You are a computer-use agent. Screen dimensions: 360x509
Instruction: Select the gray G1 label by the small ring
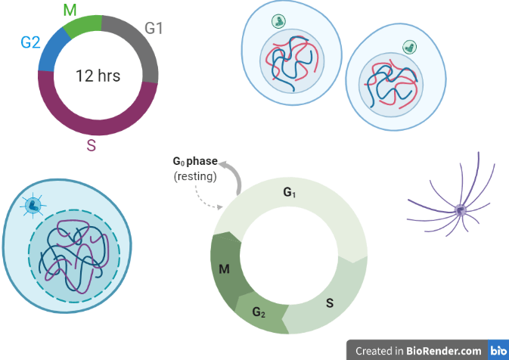[154, 29]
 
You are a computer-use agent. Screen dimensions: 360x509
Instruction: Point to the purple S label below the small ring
[91, 146]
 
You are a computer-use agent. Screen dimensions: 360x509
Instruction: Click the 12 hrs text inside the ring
[98, 76]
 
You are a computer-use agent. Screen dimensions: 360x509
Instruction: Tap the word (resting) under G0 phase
[195, 176]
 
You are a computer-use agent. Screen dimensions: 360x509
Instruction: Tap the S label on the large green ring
[330, 303]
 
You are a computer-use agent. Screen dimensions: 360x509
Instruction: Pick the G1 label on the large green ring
[290, 194]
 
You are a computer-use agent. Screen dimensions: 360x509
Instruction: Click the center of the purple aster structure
[459, 209]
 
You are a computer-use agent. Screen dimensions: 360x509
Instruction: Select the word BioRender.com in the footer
[443, 351]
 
